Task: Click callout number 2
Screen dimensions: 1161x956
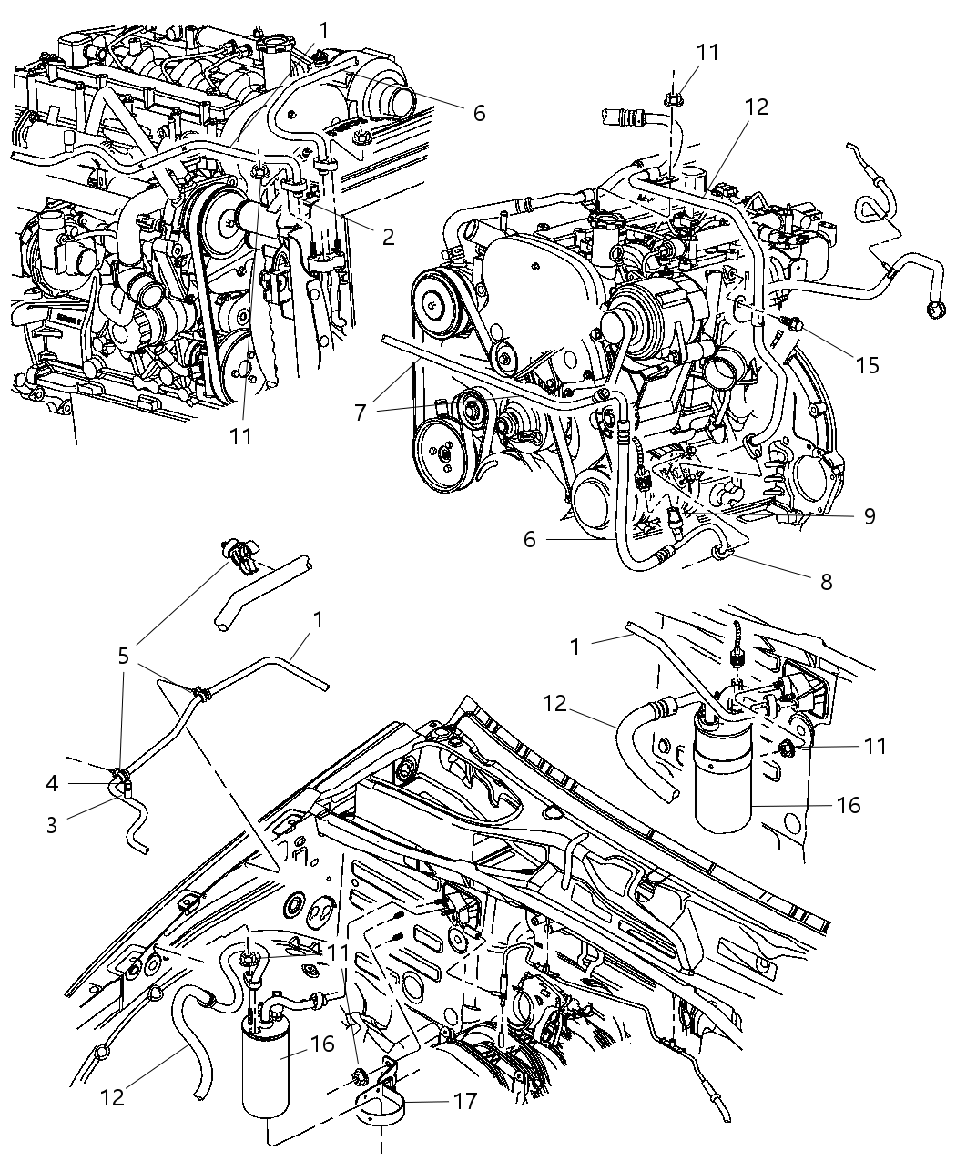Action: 388,238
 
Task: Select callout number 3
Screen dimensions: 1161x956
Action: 52,825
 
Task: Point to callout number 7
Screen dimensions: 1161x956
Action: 361,412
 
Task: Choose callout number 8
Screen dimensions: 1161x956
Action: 826,581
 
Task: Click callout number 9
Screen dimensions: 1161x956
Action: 870,516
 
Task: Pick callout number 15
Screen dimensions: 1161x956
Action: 868,365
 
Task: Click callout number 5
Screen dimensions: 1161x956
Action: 124,656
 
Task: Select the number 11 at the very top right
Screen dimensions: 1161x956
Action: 707,53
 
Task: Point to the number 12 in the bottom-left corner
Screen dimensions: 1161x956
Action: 112,1098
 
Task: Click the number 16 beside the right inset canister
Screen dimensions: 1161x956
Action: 848,805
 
